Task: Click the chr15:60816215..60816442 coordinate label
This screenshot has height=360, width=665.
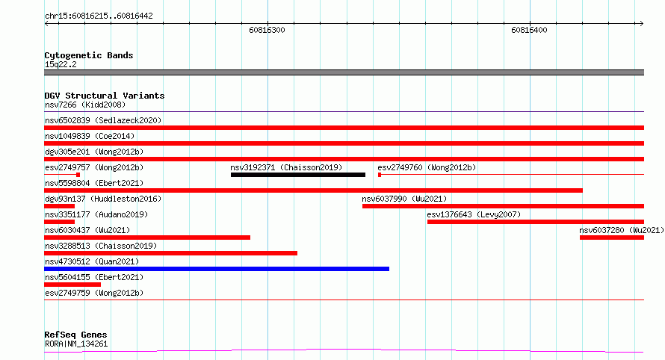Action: [99, 16]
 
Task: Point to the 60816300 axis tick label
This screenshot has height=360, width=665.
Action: [267, 30]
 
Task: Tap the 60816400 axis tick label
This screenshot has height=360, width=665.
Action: [529, 30]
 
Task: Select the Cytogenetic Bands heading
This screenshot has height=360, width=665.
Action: [89, 55]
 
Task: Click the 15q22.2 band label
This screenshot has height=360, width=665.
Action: [61, 64]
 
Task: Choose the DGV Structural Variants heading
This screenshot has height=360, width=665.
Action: [105, 96]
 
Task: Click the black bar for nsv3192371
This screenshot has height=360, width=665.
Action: [298, 175]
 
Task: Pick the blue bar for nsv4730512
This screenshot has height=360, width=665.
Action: [217, 269]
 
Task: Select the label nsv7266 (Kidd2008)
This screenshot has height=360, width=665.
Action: [85, 105]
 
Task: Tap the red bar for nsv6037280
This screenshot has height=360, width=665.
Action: [612, 238]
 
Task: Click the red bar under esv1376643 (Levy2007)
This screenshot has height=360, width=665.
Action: [536, 222]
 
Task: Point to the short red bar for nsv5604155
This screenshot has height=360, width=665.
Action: [72, 285]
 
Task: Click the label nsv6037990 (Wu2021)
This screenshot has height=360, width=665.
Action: [404, 199]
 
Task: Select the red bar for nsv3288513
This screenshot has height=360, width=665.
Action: [170, 253]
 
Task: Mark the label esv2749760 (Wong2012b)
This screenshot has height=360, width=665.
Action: [427, 167]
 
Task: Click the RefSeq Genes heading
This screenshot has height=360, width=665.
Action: [75, 335]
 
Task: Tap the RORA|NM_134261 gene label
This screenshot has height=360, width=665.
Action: [76, 344]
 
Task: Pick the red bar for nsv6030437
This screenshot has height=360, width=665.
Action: [147, 238]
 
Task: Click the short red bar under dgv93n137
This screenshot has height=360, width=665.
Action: [59, 206]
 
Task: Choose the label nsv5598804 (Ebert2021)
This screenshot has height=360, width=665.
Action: [94, 183]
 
